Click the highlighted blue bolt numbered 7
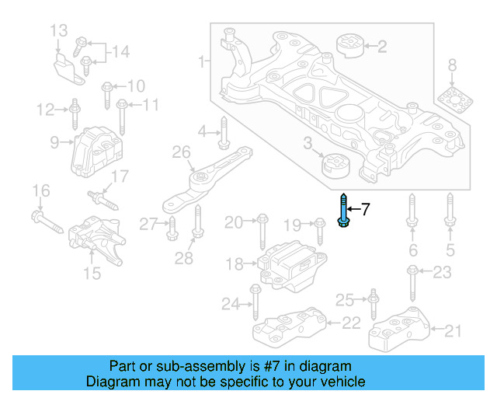(342, 210)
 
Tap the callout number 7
(366, 208)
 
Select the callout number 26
(181, 152)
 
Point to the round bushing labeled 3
(336, 166)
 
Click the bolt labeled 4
(223, 133)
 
